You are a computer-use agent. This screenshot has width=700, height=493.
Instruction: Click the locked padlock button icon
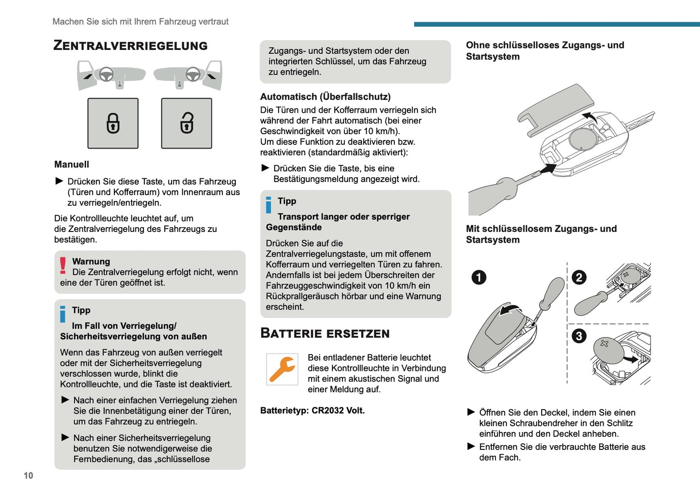click(x=113, y=123)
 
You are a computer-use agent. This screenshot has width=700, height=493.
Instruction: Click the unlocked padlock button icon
click(x=187, y=123)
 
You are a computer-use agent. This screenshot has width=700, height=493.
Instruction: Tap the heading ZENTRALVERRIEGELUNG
click(x=130, y=46)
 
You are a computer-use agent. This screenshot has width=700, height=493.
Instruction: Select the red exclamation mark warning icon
click(x=63, y=266)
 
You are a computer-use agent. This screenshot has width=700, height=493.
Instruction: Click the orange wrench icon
click(x=282, y=369)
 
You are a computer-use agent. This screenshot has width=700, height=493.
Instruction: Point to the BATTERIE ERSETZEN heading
click(x=325, y=333)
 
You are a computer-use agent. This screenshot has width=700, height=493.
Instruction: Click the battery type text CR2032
click(x=327, y=410)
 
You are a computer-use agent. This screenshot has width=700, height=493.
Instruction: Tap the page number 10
click(x=29, y=476)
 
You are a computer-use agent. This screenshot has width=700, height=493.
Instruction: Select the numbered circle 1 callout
click(x=479, y=277)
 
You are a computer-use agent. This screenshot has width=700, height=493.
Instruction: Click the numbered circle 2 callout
click(x=579, y=277)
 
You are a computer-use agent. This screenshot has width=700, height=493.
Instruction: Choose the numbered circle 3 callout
click(x=579, y=336)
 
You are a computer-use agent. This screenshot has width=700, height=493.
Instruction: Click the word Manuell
click(x=72, y=164)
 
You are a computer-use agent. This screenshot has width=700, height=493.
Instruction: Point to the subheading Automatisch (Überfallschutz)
click(x=325, y=96)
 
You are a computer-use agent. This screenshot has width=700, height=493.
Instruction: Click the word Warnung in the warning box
click(x=91, y=262)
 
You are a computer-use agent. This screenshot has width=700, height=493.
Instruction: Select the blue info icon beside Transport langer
click(x=269, y=204)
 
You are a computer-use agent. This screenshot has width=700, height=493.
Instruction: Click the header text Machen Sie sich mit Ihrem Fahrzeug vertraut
click(x=140, y=21)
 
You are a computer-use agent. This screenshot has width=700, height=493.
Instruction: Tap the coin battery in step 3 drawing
click(x=608, y=350)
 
